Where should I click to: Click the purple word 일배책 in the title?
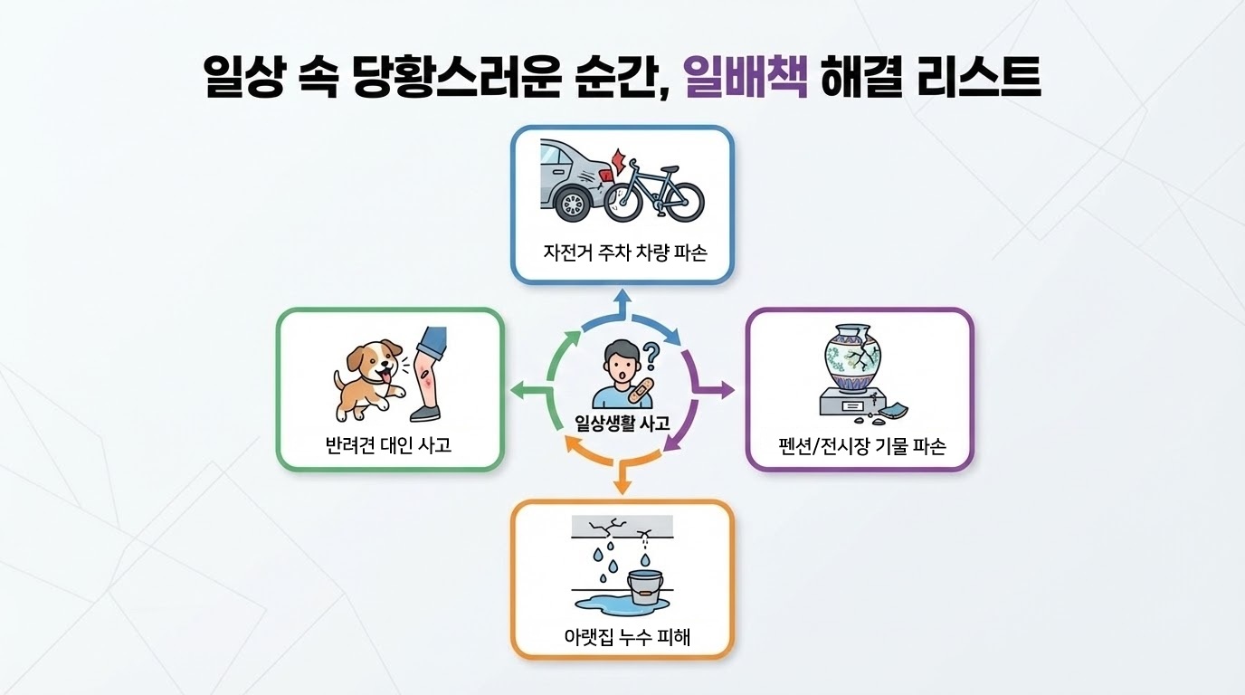[x=746, y=77]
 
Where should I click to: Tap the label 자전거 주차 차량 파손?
[x=622, y=252]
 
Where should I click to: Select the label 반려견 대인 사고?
[x=388, y=444]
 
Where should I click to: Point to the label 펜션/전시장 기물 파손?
[x=860, y=447]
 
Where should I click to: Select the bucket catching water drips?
[x=645, y=586]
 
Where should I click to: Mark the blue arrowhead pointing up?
[x=622, y=296]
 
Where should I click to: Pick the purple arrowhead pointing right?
[x=727, y=390]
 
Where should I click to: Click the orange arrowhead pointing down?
[x=622, y=486]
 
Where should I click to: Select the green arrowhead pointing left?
[x=517, y=390]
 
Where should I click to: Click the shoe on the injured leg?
[x=425, y=413]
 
